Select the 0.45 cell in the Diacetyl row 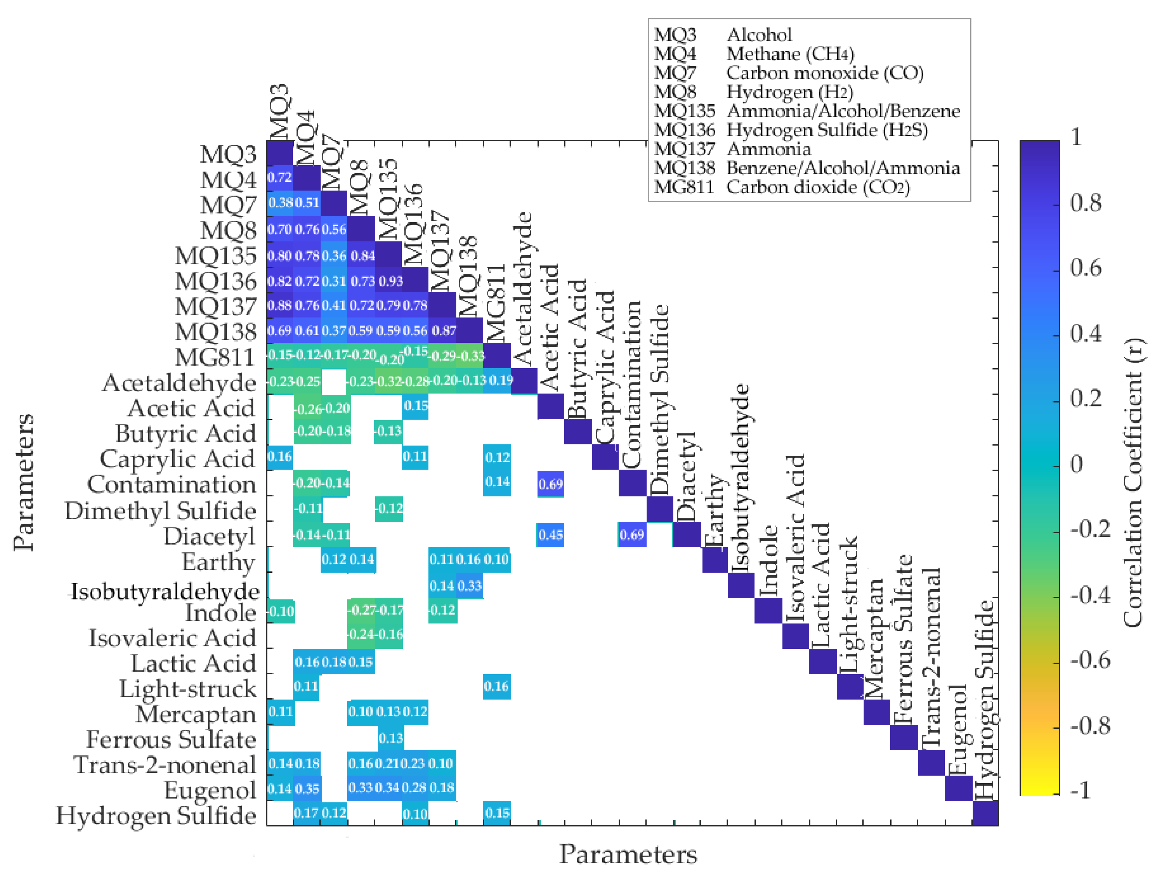(550, 535)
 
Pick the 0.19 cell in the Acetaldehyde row (500, 380)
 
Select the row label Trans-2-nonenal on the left (165, 764)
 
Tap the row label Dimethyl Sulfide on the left (160, 511)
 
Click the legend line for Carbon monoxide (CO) (789, 73)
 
